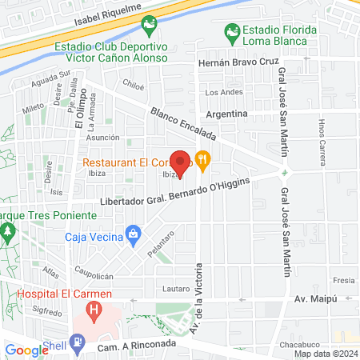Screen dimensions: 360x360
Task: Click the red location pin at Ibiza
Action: [x=181, y=162]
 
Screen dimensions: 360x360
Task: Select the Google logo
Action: [x=26, y=350]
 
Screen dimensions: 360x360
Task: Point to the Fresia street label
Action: [x=343, y=281]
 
